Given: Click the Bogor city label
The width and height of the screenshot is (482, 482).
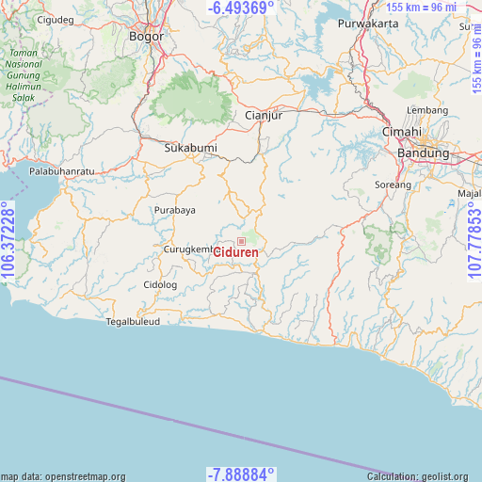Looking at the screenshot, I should pyautogui.click(x=146, y=37).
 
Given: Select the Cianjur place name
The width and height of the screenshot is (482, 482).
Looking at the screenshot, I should pyautogui.click(x=263, y=116).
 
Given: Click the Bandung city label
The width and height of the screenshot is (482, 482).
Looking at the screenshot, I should pyautogui.click(x=424, y=153).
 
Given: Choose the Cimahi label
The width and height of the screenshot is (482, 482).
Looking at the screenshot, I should pyautogui.click(x=401, y=133).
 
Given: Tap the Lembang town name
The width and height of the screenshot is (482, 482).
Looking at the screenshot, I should pyautogui.click(x=427, y=110).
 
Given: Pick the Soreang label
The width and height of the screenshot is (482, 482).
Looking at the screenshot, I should pyautogui.click(x=394, y=185).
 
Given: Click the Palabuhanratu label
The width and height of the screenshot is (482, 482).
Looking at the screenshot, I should pyautogui.click(x=62, y=171).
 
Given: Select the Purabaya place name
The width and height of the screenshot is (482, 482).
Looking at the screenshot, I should pyautogui.click(x=175, y=210).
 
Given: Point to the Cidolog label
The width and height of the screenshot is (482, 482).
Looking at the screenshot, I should pyautogui.click(x=160, y=284).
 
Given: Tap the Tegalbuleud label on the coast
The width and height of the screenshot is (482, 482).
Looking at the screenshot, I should pyautogui.click(x=133, y=321).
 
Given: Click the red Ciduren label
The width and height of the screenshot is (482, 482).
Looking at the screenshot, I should pyautogui.click(x=235, y=252).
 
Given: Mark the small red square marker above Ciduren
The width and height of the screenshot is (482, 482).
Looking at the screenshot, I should pyautogui.click(x=241, y=241).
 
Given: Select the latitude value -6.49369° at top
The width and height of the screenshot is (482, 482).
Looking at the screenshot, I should pyautogui.click(x=241, y=8).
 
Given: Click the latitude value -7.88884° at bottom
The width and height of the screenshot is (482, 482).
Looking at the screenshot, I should pyautogui.click(x=241, y=474).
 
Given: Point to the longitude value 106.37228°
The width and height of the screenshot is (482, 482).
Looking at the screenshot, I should pyautogui.click(x=8, y=241).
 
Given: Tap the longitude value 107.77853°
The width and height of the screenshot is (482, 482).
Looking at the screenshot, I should pyautogui.click(x=474, y=241).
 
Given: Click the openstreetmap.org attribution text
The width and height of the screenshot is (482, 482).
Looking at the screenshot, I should pyautogui.click(x=62, y=476).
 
